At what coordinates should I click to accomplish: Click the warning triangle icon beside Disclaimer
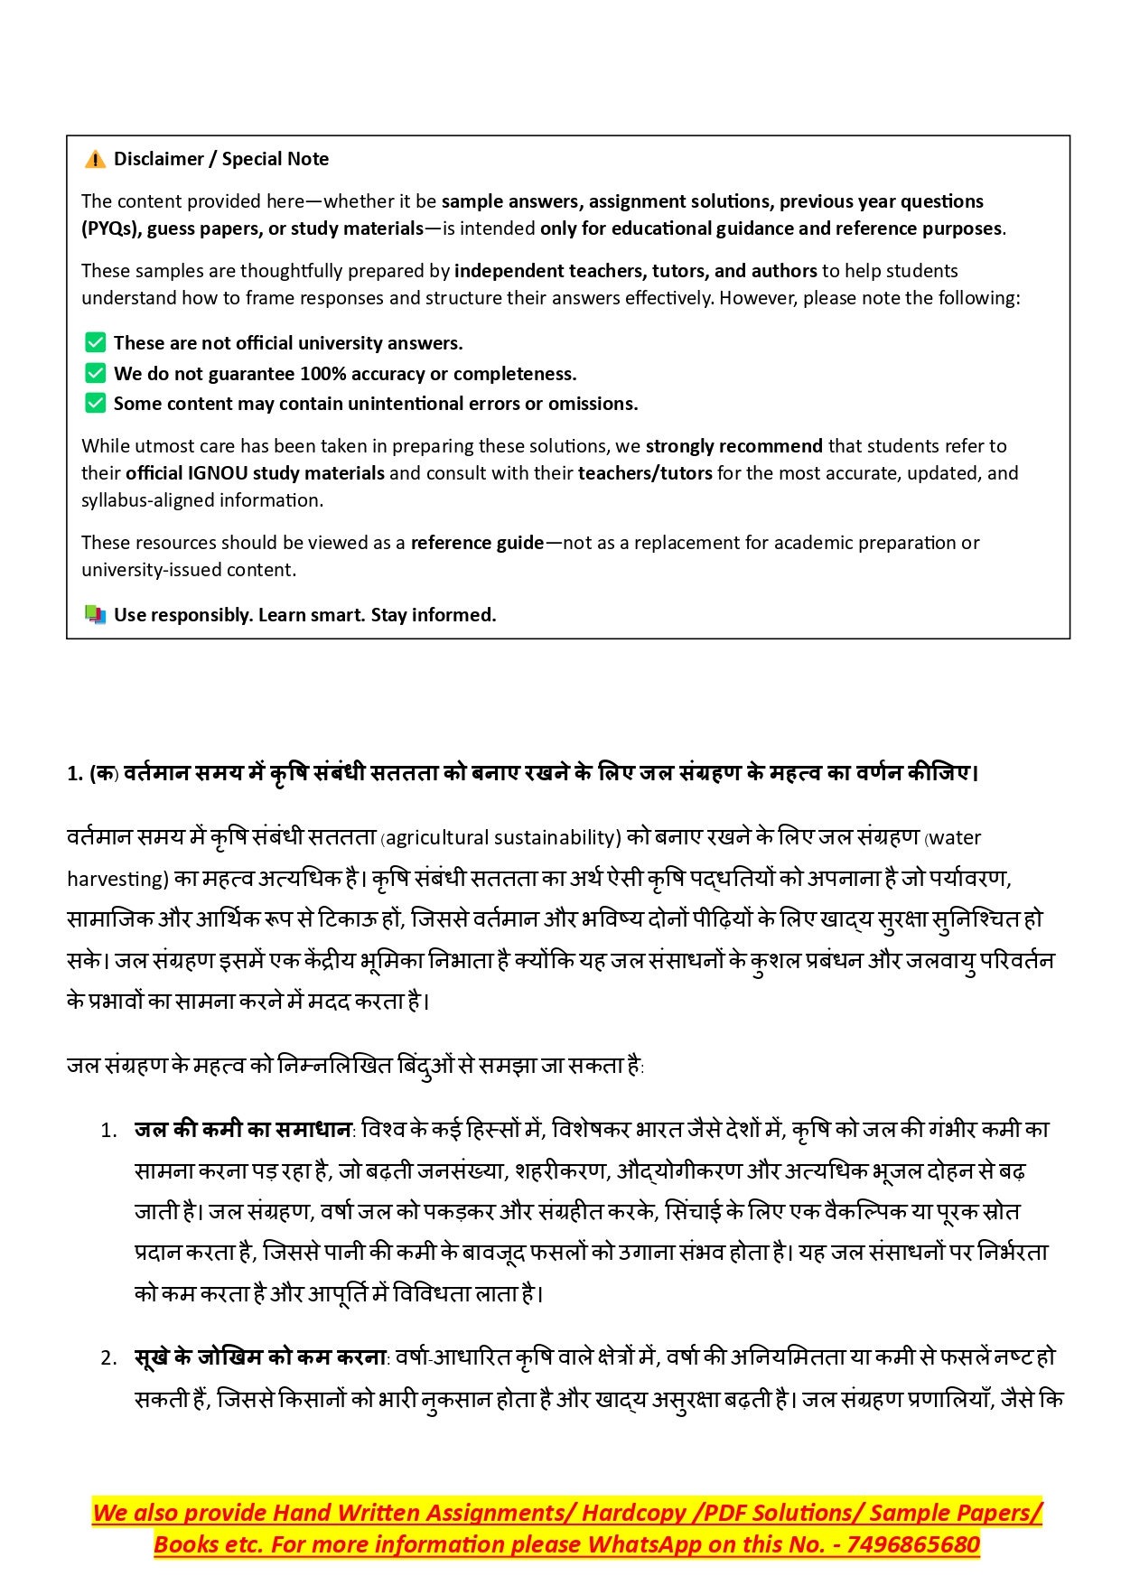95,160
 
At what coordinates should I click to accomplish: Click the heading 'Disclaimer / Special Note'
221,159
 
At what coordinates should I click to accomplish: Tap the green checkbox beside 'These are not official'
95,342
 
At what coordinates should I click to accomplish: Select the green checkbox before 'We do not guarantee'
95,373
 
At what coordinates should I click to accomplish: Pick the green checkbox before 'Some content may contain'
95,403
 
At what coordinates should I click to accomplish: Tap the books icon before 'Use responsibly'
95,615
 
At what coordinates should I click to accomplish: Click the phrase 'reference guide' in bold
477,543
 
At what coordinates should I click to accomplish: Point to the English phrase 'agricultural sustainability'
502,838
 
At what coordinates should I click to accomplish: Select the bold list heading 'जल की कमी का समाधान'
243,1129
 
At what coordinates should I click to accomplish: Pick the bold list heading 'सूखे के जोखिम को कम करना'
260,1357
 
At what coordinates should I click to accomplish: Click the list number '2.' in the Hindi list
109,1358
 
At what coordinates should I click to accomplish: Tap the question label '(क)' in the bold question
104,773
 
